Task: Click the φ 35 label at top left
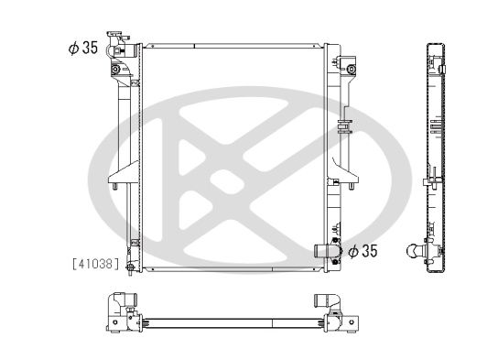pos(83,48)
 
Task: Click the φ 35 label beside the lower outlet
pos(363,251)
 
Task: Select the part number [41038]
pos(96,264)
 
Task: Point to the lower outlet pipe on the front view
pos(322,251)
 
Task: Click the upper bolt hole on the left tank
pos(115,70)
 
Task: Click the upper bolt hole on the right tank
pos(351,70)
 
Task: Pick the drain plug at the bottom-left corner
pos(130,267)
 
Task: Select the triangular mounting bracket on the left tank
pos(124,173)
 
